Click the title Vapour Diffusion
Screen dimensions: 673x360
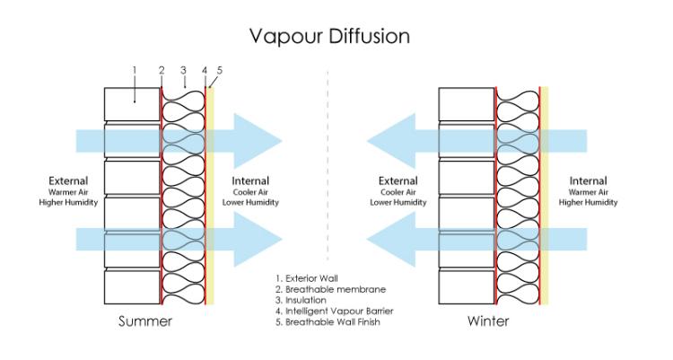point(329,37)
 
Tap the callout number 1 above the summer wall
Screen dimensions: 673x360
point(135,70)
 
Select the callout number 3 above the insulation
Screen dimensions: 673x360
point(183,70)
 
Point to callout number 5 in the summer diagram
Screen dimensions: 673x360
point(220,70)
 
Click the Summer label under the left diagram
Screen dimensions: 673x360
point(145,320)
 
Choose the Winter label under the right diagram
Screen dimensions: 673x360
point(488,320)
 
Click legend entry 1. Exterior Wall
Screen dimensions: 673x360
point(307,278)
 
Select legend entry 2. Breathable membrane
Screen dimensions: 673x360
point(330,289)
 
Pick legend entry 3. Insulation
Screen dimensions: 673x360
point(301,300)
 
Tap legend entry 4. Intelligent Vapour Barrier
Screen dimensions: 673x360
point(335,311)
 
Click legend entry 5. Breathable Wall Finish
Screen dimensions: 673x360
point(328,321)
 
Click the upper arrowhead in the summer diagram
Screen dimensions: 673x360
point(258,141)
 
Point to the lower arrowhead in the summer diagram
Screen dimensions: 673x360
point(258,240)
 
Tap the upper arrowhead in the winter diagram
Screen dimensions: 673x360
point(391,141)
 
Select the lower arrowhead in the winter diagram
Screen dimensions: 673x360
point(391,240)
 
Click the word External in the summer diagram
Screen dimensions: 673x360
point(68,180)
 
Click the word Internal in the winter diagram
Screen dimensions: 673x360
point(588,180)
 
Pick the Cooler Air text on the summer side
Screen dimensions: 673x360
point(250,192)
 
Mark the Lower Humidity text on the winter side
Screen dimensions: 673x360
point(398,202)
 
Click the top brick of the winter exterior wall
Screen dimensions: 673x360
point(467,104)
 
